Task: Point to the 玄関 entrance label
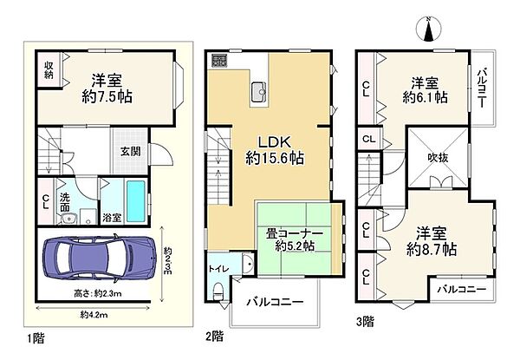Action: (131, 150)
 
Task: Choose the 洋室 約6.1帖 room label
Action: (424, 89)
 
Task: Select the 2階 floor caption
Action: (215, 334)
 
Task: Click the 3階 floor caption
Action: (365, 320)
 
